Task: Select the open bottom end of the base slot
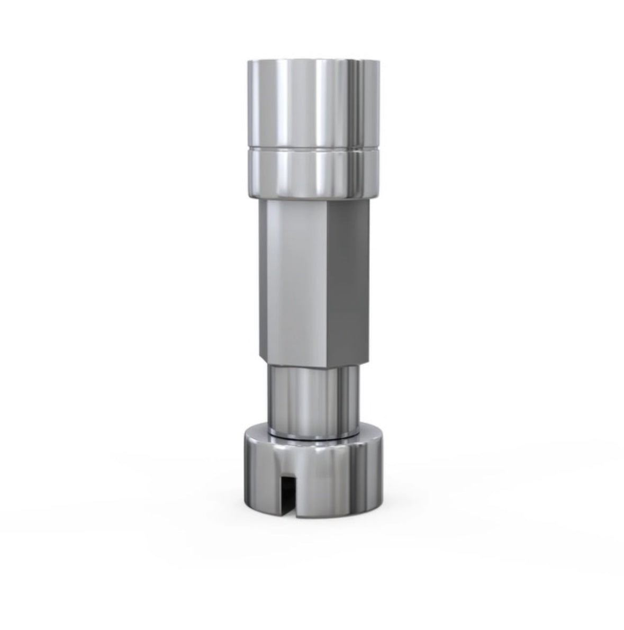288,515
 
